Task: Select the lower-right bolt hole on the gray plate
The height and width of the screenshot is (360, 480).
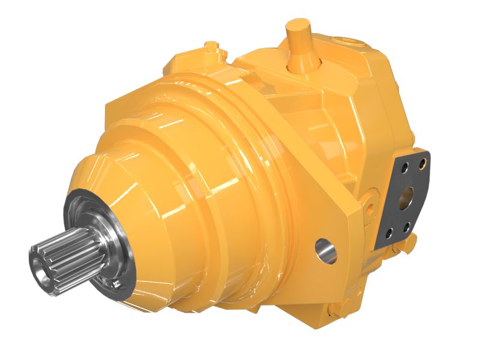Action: (407, 226)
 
